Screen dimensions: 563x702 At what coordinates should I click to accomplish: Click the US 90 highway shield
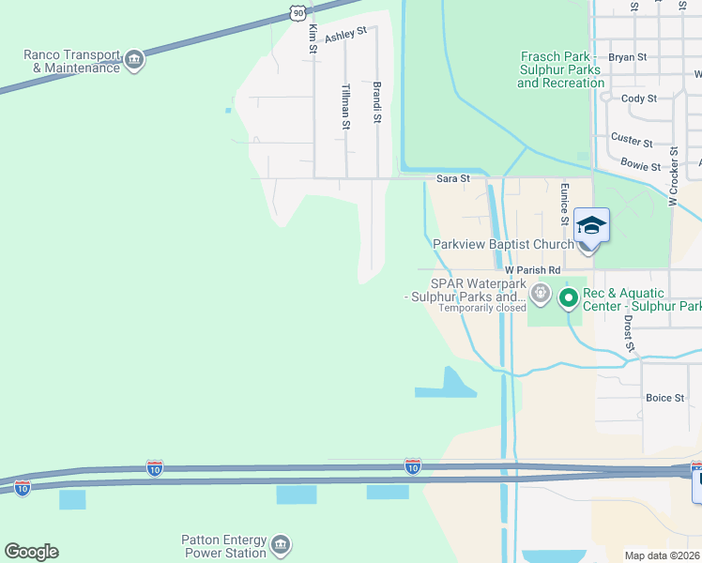click(x=297, y=11)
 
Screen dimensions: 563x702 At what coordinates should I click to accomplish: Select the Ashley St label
click(x=345, y=36)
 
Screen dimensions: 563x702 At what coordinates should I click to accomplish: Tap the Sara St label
click(x=452, y=178)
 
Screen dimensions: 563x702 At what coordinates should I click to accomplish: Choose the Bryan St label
click(x=628, y=57)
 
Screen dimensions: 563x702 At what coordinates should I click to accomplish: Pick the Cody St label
click(x=639, y=99)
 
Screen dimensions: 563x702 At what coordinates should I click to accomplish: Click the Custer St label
click(x=632, y=140)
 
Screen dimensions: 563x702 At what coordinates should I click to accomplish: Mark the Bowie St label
click(x=641, y=165)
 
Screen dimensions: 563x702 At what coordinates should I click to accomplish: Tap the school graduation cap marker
click(x=591, y=225)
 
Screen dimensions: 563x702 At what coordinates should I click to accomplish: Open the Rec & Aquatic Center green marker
click(x=568, y=299)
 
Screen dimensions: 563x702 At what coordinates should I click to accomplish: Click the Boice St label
click(x=665, y=398)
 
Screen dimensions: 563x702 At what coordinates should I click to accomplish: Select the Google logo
click(x=31, y=552)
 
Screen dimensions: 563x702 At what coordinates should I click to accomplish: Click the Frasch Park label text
click(x=560, y=69)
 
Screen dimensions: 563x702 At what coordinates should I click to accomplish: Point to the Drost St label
click(x=628, y=333)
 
